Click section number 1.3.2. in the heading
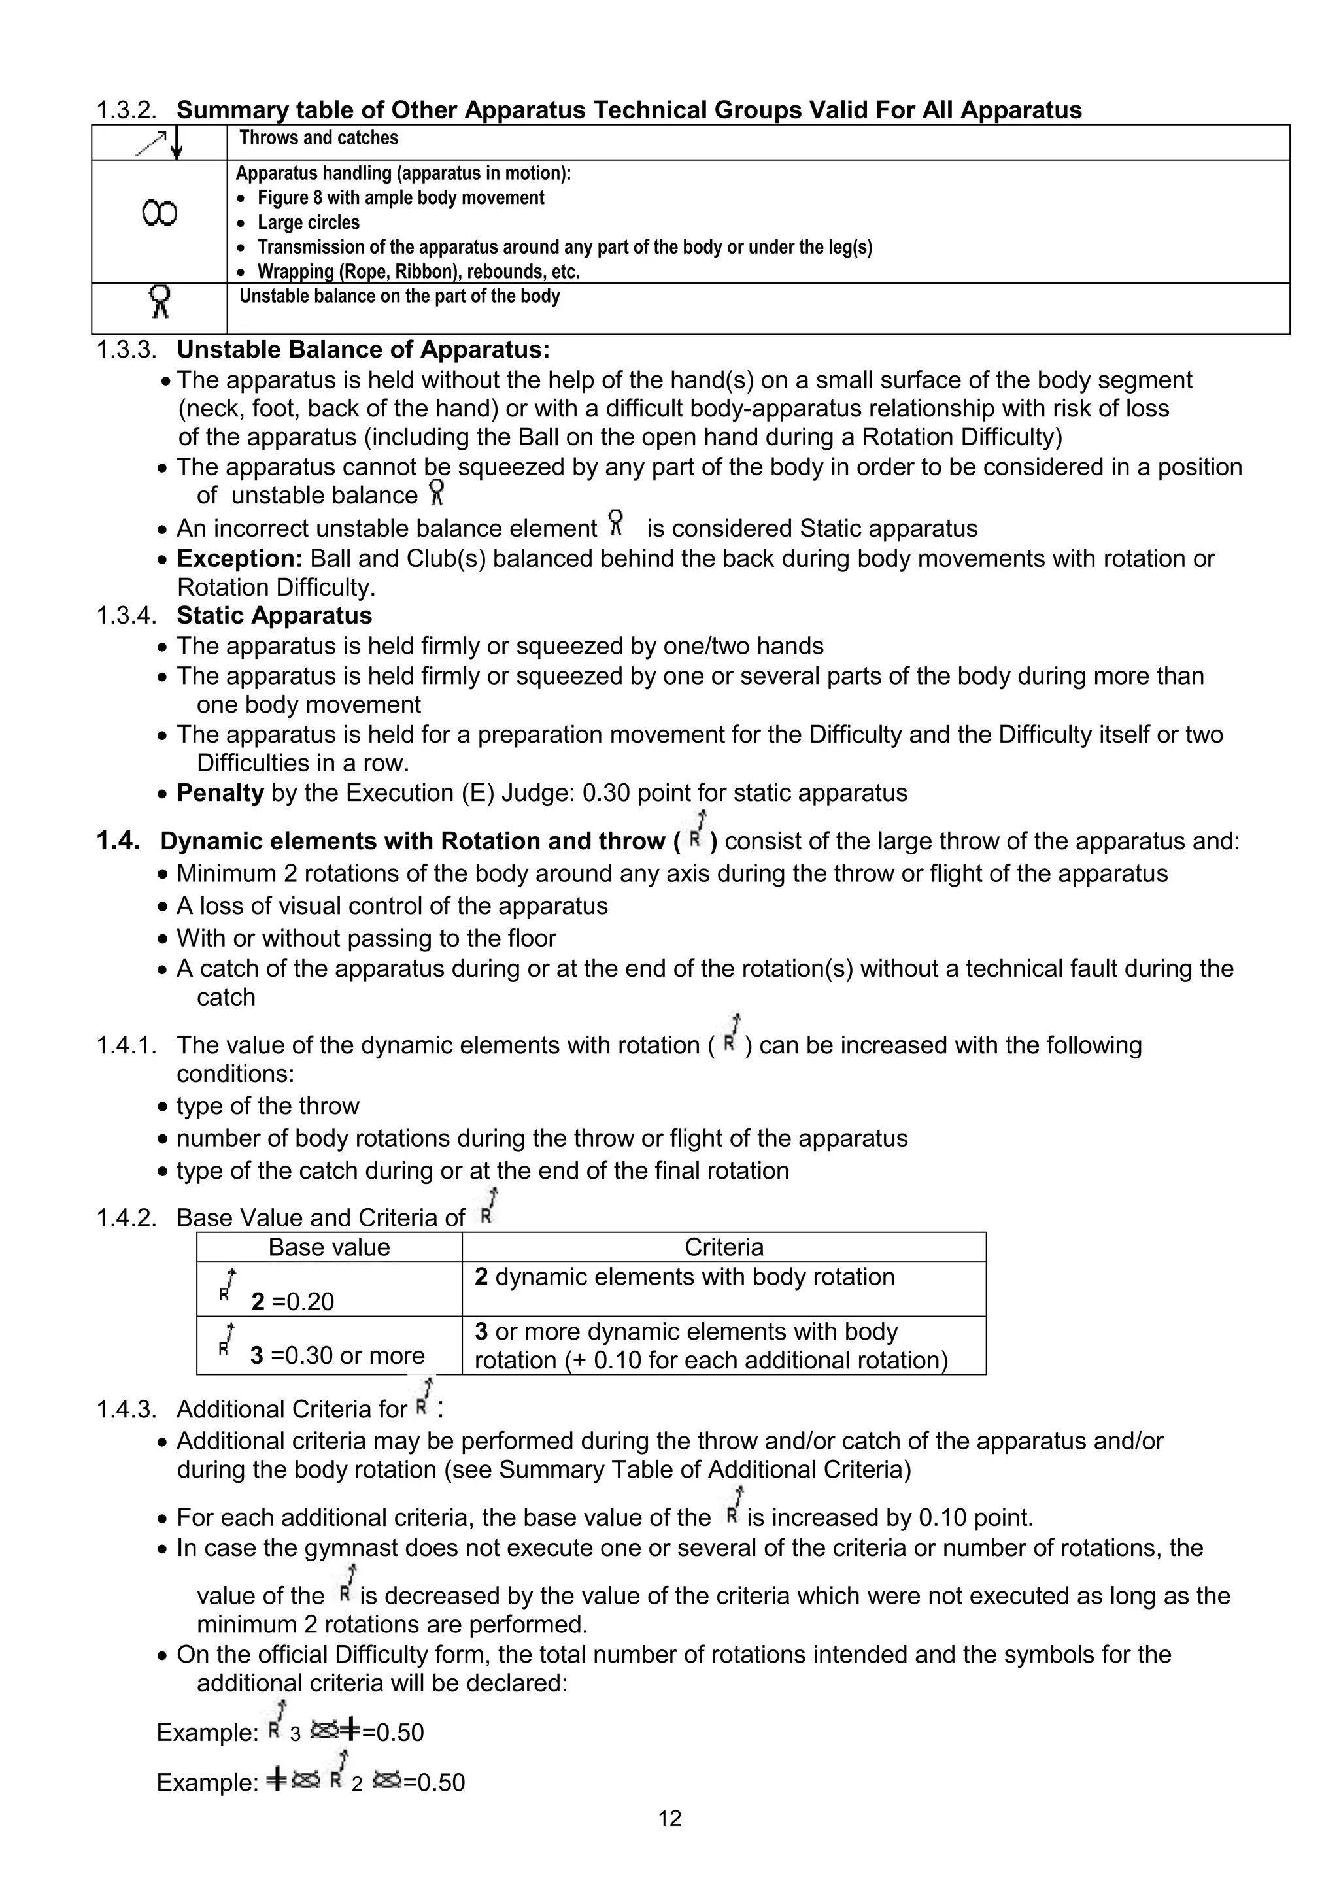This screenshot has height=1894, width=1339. coord(126,110)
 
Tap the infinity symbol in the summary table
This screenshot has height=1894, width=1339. coord(160,214)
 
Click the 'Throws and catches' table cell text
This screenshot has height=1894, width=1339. coord(318,138)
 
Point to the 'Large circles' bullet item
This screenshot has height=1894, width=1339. coord(309,223)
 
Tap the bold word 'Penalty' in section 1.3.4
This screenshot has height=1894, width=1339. coord(220,793)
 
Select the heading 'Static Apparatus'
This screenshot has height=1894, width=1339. coord(274,615)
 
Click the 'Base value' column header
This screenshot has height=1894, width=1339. coord(328,1247)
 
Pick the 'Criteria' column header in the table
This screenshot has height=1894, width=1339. coord(724,1247)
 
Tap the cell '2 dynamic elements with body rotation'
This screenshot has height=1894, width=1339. coord(684,1277)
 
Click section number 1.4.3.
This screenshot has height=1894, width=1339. coord(126,1409)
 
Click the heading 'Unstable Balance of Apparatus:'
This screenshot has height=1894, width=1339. coord(363,350)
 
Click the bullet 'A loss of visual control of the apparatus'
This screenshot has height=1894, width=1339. coord(392,905)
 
